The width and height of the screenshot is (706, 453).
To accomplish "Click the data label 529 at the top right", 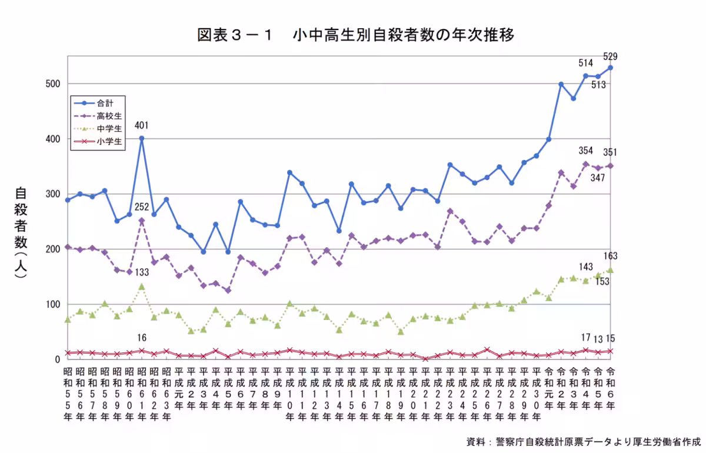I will pos(610,57).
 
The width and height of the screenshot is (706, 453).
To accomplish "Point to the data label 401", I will pos(141,125).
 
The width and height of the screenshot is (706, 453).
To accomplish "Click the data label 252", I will pos(141,207).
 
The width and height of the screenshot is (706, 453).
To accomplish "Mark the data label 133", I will pos(141,273).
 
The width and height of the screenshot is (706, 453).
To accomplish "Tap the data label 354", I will pos(585,151).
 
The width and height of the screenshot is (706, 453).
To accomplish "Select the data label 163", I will pos(610,256).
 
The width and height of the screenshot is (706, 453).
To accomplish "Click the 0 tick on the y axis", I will pos(58,359).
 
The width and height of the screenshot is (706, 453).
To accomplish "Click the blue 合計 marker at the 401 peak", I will pos(141,138).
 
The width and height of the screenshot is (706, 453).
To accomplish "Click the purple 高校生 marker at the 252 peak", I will pos(141,221).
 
